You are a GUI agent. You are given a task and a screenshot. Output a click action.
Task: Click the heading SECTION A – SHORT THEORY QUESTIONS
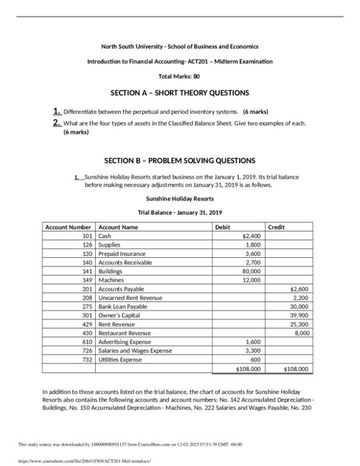coord(180,93)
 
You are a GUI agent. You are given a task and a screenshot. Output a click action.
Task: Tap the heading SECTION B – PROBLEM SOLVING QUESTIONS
coord(180,160)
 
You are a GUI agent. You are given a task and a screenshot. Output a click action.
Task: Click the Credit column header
coord(277,227)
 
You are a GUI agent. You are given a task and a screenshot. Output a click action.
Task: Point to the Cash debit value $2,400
coord(251,236)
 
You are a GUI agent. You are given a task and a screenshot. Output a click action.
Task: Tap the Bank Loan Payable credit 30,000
coord(299,306)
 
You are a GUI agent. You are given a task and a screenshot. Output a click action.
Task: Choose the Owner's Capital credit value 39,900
coord(299,315)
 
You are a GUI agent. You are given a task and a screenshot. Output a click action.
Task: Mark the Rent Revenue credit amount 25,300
coord(299,324)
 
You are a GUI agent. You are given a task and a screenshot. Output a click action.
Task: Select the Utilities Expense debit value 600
coord(256,360)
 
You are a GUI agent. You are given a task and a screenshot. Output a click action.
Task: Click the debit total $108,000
coord(248,369)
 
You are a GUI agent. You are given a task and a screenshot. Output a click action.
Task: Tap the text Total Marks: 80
coord(180,76)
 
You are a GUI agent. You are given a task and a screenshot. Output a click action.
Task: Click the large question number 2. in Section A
coord(57,122)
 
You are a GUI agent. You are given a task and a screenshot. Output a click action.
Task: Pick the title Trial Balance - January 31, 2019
coord(180,212)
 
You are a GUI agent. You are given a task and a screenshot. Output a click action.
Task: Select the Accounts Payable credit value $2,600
coord(299,289)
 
